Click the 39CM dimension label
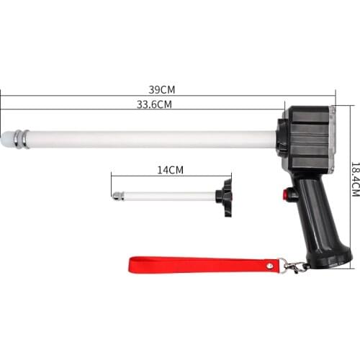point(162,89)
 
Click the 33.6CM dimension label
point(154,104)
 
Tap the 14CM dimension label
point(171,170)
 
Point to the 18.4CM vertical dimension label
point(356,179)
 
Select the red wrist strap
point(204,265)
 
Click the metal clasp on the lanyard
point(294,266)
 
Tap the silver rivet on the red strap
point(271,266)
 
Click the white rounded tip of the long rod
point(6,139)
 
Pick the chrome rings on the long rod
point(21,139)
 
